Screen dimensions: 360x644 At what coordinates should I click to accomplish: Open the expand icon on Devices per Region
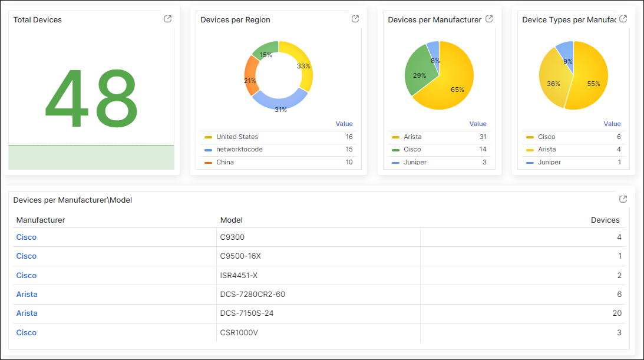(x=355, y=19)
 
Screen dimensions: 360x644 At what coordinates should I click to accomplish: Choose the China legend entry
(x=225, y=162)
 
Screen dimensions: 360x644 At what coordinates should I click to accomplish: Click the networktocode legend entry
(x=239, y=149)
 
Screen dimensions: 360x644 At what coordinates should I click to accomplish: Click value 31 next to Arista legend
(x=483, y=137)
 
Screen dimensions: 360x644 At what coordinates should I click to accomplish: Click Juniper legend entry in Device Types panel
(x=549, y=162)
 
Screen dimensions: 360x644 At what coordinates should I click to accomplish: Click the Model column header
(x=232, y=220)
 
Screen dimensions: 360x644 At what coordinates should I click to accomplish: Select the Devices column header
(x=605, y=220)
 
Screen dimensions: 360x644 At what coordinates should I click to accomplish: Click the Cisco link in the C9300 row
(x=27, y=237)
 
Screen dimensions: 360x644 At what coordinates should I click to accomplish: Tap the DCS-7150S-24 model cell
(x=247, y=313)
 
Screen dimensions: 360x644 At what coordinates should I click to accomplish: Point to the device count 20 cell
(x=617, y=313)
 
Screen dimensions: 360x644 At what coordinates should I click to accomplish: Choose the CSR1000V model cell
(x=239, y=332)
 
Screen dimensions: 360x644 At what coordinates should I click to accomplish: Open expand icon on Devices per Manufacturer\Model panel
(x=623, y=199)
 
